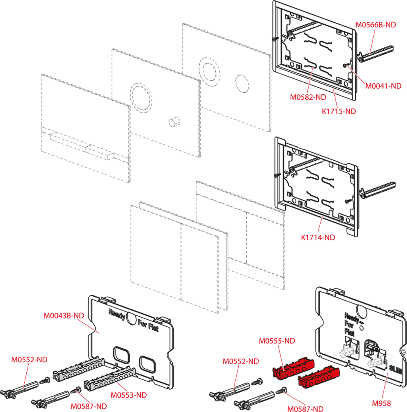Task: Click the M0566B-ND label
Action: [376, 25]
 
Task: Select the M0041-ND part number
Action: [383, 86]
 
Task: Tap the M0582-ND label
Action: [308, 97]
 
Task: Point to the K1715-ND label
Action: [339, 111]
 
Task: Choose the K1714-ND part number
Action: [318, 237]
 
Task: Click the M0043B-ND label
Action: [64, 316]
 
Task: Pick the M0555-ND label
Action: [277, 341]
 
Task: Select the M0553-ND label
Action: [129, 395]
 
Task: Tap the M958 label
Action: [381, 403]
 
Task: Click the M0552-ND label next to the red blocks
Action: [241, 361]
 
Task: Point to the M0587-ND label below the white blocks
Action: [88, 406]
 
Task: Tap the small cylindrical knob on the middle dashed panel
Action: [173, 122]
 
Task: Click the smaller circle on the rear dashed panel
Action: [242, 82]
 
